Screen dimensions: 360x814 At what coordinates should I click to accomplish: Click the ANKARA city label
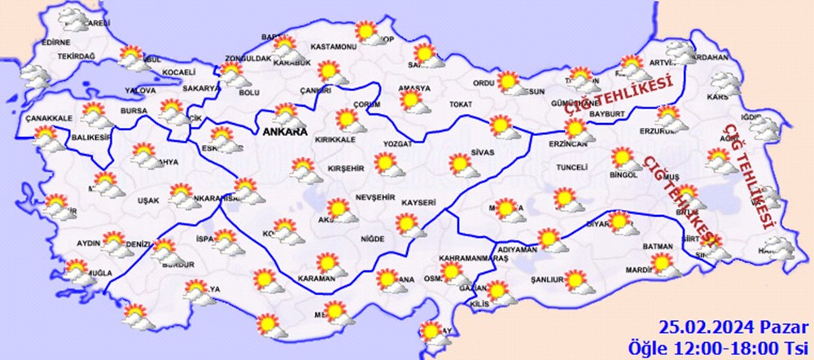tap(284, 130)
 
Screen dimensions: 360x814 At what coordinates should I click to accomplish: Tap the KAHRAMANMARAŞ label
tap(473, 258)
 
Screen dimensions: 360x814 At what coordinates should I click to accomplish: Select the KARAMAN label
tap(317, 279)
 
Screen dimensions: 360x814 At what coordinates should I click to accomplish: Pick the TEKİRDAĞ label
tap(77, 56)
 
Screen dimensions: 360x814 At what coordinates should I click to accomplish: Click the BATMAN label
tap(657, 246)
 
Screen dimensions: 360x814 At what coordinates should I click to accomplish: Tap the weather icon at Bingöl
tap(623, 159)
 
